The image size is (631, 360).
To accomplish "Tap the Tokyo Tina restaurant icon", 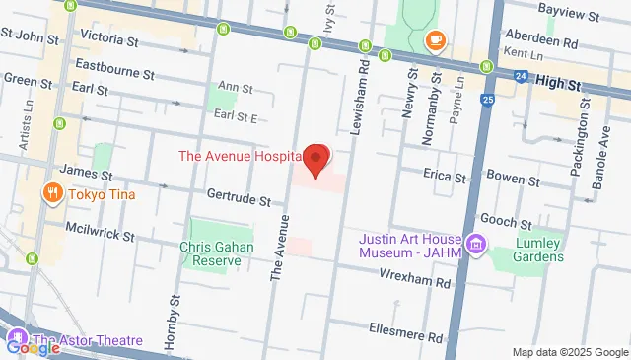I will pyautogui.click(x=48, y=193).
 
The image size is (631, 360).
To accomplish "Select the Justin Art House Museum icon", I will pyautogui.click(x=477, y=244).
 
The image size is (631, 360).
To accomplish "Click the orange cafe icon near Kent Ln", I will pyautogui.click(x=435, y=40).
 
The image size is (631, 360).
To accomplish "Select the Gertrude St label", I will pyautogui.click(x=239, y=199).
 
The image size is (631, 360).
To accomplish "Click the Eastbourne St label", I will pyautogui.click(x=114, y=73).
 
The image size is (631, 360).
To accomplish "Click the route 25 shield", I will pyautogui.click(x=488, y=100).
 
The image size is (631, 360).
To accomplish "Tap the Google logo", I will pyautogui.click(x=34, y=347).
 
